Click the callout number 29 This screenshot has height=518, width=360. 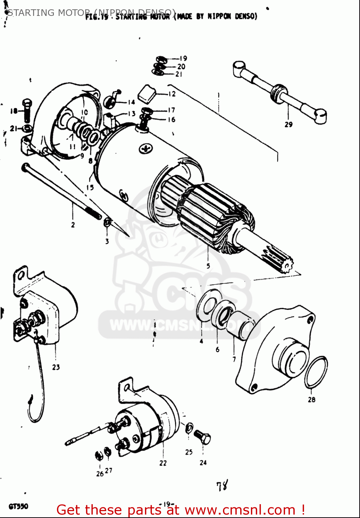point(288,124)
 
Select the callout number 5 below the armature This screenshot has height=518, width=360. point(208,266)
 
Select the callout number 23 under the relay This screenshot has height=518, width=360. point(56,367)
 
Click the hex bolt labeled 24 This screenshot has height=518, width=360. point(203,438)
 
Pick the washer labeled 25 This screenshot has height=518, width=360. point(189,428)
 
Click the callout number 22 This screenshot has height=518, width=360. point(163,463)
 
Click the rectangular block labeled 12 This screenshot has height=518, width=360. point(147,93)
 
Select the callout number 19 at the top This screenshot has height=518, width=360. point(183,58)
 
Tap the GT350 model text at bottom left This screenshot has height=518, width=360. point(18,507)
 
